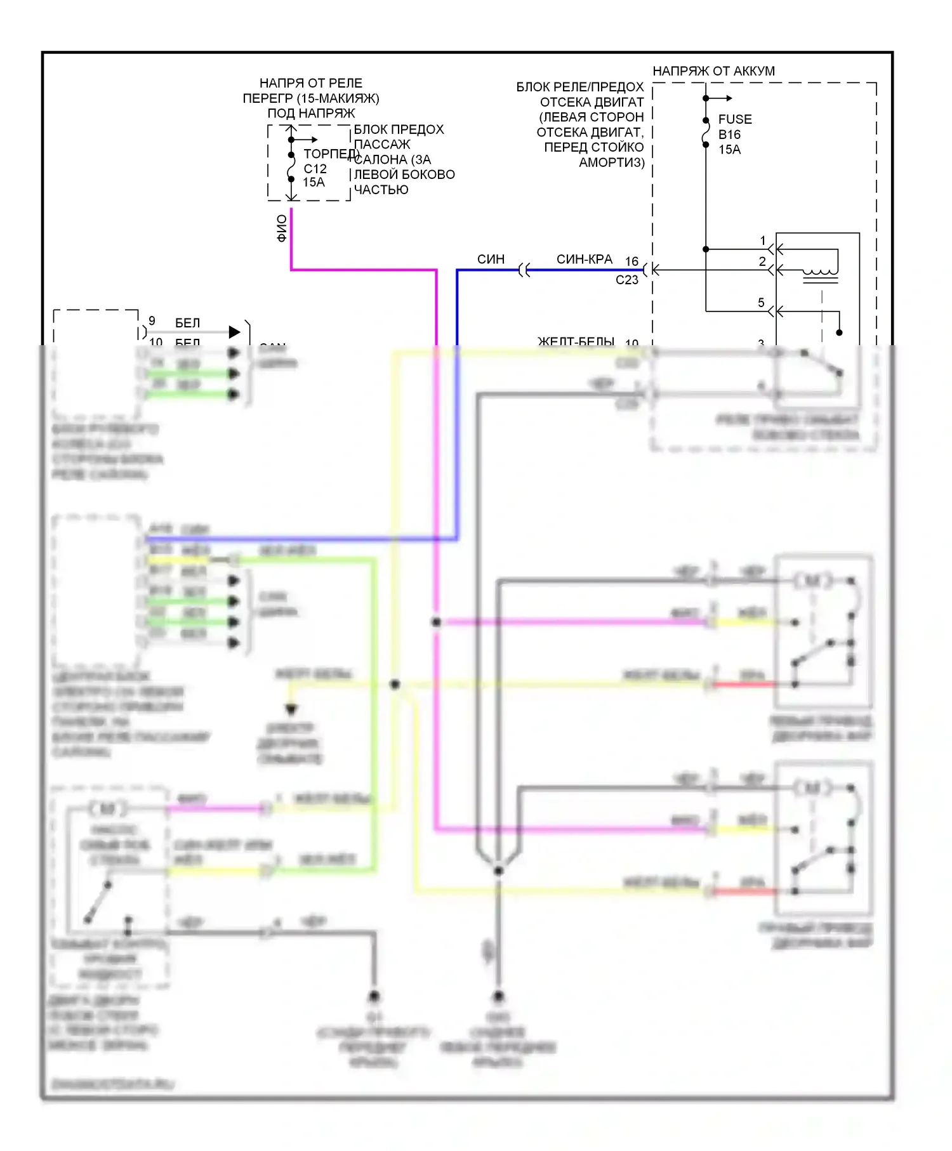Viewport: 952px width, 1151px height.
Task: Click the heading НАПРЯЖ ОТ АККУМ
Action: [x=713, y=71]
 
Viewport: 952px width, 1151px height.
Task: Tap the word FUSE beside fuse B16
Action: [x=735, y=119]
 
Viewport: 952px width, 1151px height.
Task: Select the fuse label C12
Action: [x=315, y=169]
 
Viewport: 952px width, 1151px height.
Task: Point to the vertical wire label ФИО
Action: [x=282, y=228]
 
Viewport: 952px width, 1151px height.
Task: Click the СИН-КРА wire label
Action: [x=584, y=260]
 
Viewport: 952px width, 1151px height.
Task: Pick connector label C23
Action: [x=626, y=280]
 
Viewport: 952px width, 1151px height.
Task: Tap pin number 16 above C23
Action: [x=631, y=261]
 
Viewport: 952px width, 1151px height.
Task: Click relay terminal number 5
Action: [x=761, y=303]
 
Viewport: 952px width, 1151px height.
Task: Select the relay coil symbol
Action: [x=820, y=275]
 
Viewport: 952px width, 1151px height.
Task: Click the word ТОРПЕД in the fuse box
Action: [x=331, y=154]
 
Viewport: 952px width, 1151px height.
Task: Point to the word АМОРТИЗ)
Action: [x=611, y=162]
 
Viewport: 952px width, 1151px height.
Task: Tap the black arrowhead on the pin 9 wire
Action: [x=234, y=332]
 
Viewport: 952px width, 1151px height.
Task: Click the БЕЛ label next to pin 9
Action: [x=187, y=324]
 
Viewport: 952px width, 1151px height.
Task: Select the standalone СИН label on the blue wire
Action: [x=491, y=260]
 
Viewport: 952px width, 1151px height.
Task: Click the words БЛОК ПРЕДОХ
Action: [x=399, y=129]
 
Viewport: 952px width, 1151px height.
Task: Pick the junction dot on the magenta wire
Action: [x=436, y=622]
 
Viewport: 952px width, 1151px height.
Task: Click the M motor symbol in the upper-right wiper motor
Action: [x=812, y=580]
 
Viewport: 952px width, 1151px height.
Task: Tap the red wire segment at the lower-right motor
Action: [x=744, y=891]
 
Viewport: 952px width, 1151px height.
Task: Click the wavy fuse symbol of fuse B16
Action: [x=706, y=133]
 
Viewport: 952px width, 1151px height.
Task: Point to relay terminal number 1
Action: [x=763, y=241]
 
